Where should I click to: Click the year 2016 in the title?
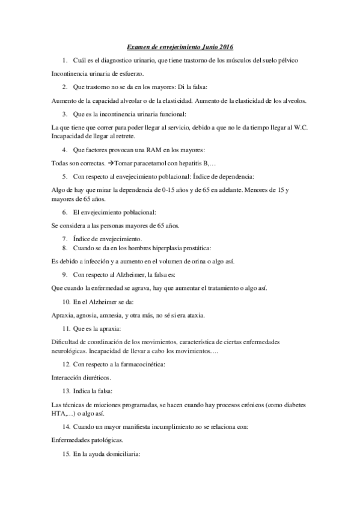225,46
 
